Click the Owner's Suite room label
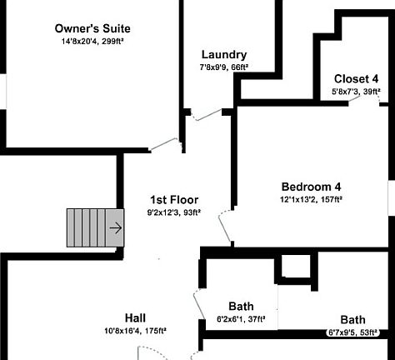pyautogui.click(x=92, y=28)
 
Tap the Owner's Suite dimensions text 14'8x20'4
pyautogui.click(x=80, y=42)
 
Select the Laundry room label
pyautogui.click(x=224, y=55)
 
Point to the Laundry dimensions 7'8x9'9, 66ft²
pyautogui.click(x=224, y=67)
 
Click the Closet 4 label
pyautogui.click(x=356, y=79)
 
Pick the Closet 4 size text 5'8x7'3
pyautogui.click(x=345, y=92)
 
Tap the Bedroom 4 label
pyautogui.click(x=311, y=187)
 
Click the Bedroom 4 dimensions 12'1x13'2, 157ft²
pyautogui.click(x=311, y=199)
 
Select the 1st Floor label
pyautogui.click(x=174, y=200)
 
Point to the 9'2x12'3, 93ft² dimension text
pyautogui.click(x=174, y=212)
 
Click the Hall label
pyautogui.click(x=135, y=318)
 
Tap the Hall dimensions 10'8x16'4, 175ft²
pyautogui.click(x=135, y=331)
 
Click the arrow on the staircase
pyautogui.click(x=116, y=228)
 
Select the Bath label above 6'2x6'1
pyautogui.click(x=241, y=307)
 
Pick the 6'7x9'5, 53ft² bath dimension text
pyautogui.click(x=352, y=332)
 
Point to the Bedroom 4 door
pyautogui.click(x=225, y=227)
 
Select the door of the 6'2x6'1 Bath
pyautogui.click(x=199, y=304)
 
